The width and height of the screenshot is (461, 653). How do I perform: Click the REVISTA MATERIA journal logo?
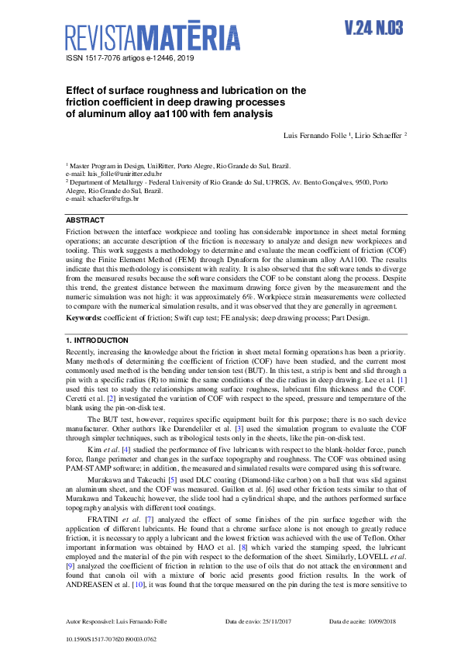tap(153, 36)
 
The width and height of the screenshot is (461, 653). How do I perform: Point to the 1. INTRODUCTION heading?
tap(97, 341)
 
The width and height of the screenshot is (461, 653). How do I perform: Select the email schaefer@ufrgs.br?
tap(112, 199)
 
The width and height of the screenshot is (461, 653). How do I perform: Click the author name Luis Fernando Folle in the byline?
tap(314, 136)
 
